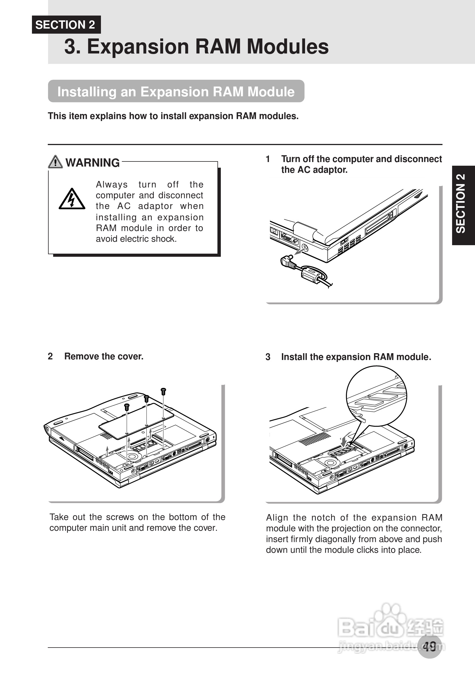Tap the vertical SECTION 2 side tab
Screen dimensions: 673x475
463,205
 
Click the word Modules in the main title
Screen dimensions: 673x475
288,47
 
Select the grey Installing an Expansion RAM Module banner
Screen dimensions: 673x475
176,91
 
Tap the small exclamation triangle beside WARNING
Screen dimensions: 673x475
55,162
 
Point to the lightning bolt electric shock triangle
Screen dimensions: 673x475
72,199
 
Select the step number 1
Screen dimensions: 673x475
267,159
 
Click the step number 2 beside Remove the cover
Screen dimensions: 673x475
50,356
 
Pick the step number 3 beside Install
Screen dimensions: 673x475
268,357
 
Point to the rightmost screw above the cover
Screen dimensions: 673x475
163,391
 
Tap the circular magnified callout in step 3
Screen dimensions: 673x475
377,396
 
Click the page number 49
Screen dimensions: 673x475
429,646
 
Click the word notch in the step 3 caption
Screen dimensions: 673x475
323,518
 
